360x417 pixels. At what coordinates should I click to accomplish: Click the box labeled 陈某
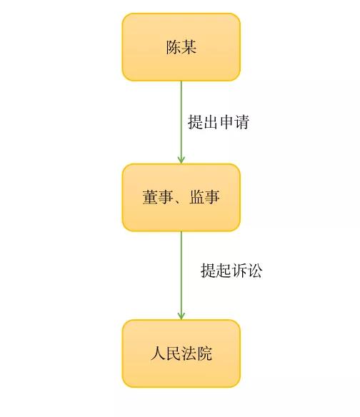click(x=181, y=47)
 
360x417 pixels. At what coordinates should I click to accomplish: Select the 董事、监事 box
click(x=181, y=198)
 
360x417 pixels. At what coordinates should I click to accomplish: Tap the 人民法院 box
click(x=181, y=353)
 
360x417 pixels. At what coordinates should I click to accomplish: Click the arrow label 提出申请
click(x=219, y=122)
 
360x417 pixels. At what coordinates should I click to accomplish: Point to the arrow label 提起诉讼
click(x=231, y=271)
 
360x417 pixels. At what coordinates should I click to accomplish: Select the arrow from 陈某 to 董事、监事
click(x=181, y=122)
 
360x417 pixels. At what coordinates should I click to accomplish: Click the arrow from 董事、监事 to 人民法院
click(x=181, y=276)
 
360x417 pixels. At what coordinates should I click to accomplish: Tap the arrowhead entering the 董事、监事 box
click(x=181, y=160)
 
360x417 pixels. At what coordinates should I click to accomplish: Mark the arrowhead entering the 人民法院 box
click(x=181, y=316)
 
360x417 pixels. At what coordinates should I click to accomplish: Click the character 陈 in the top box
click(x=174, y=47)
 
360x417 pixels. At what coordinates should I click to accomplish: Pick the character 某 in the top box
click(x=189, y=47)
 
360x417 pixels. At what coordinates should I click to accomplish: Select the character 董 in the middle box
click(x=150, y=197)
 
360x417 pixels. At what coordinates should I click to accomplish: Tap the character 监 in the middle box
click(x=197, y=197)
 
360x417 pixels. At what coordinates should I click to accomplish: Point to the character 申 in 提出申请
click(x=226, y=122)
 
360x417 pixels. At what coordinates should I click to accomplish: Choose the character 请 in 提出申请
click(x=241, y=122)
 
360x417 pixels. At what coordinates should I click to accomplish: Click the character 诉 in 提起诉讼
click(x=239, y=271)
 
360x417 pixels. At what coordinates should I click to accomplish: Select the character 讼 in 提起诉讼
click(x=254, y=271)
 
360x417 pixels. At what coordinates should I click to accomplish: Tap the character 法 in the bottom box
click(x=189, y=353)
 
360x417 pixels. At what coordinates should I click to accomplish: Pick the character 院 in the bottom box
click(x=204, y=353)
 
